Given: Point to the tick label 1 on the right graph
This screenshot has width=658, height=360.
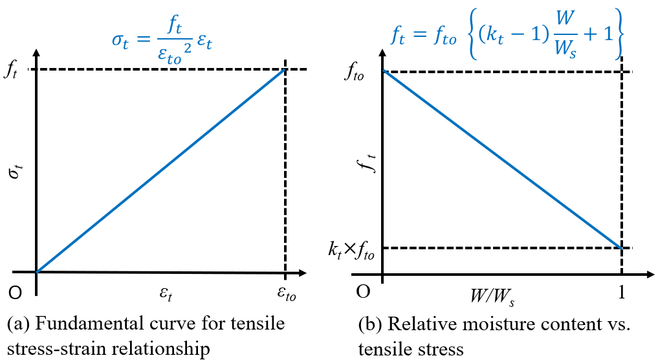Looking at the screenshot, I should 621,293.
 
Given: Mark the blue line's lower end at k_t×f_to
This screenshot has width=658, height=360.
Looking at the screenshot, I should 621,248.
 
